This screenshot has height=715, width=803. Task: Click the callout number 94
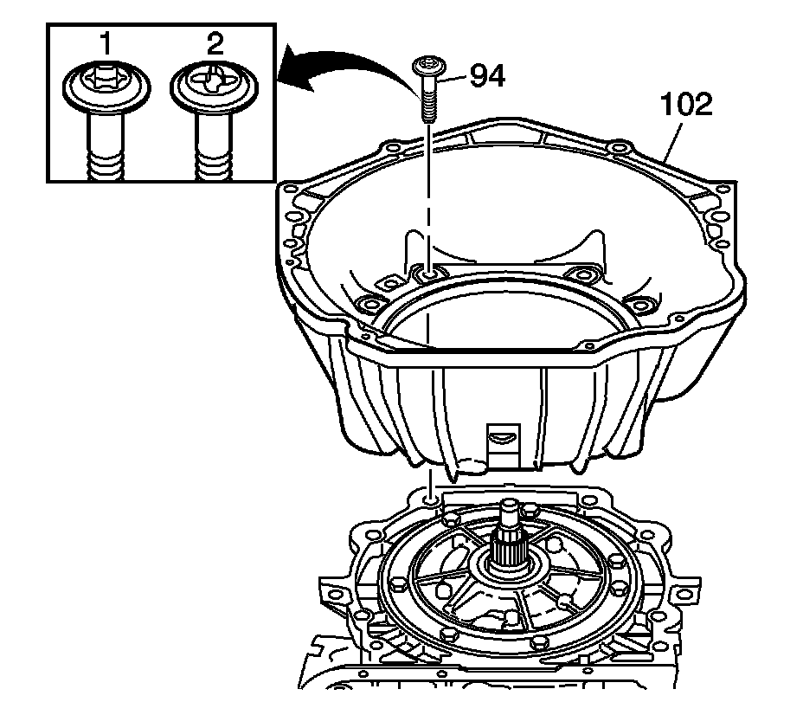tap(487, 76)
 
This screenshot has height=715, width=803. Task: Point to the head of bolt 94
tap(427, 66)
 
